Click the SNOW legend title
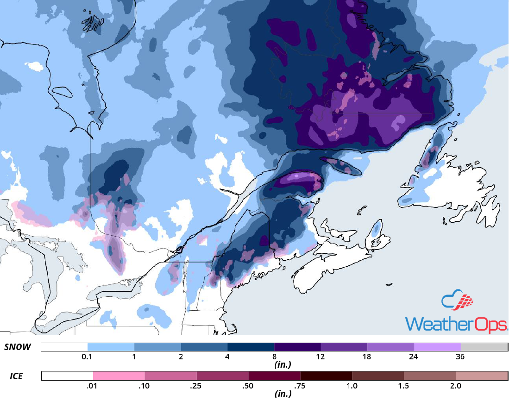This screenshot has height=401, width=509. (17, 347)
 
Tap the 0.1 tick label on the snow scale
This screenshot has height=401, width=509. (88, 357)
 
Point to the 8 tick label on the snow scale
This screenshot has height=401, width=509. (274, 357)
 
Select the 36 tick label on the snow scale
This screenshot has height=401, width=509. (460, 357)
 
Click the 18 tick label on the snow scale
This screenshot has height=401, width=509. (367, 357)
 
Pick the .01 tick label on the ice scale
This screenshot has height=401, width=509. (93, 386)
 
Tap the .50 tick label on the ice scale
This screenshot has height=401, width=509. (249, 386)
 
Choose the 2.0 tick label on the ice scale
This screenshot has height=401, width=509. (455, 386)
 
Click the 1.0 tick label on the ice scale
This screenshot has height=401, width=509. (352, 386)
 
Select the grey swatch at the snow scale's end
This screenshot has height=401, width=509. (484, 347)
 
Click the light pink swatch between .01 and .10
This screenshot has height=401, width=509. (119, 376)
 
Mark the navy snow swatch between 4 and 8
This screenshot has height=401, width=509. (251, 347)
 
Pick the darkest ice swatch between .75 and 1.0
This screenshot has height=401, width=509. (326, 376)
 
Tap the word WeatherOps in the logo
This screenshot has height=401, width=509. (456, 324)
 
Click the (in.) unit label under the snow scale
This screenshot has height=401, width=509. (282, 364)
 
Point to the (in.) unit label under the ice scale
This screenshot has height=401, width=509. (282, 394)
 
